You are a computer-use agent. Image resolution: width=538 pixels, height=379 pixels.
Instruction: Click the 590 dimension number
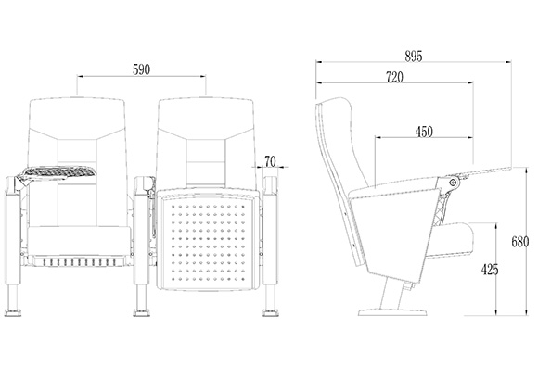(141, 69)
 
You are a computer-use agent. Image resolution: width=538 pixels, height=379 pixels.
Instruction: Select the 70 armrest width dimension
(270, 161)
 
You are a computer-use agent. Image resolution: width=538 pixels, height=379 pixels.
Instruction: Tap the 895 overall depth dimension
(413, 57)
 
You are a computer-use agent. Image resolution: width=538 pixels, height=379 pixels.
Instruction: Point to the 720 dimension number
(394, 78)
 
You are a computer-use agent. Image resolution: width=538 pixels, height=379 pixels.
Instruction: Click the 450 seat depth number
(424, 132)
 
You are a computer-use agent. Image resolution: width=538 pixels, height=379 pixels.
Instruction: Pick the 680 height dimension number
(520, 242)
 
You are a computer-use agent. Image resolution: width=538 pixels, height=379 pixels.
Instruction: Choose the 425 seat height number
(490, 270)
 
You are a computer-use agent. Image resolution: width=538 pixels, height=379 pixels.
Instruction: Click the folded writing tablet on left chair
(58, 171)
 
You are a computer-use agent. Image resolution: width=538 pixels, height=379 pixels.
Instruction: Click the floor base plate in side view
(392, 311)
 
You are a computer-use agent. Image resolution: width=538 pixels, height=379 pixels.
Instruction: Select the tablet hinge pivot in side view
(454, 183)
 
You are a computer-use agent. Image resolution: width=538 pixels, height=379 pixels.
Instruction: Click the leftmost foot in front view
(13, 312)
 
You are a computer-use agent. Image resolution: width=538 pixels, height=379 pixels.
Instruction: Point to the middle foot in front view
(142, 312)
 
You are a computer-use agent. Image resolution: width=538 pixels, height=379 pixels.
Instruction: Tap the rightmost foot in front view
(270, 312)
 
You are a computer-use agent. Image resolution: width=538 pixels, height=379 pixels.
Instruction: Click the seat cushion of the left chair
(79, 241)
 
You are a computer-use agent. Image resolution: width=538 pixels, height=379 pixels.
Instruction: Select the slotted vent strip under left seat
(79, 262)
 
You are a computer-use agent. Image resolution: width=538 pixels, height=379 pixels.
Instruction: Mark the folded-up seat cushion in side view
(450, 240)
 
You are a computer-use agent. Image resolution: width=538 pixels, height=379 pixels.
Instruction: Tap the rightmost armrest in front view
(271, 231)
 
